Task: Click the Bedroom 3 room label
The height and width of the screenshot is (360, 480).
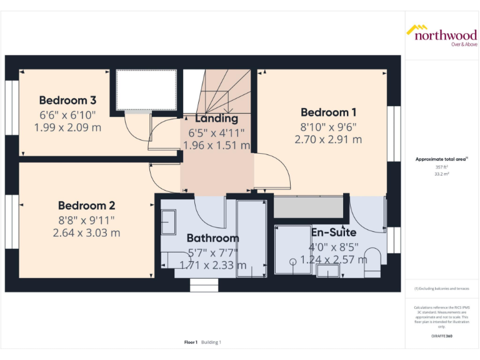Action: pyautogui.click(x=67, y=101)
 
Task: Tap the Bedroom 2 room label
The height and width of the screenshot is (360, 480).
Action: pyautogui.click(x=86, y=206)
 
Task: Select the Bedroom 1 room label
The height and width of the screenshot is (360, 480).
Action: pyautogui.click(x=328, y=112)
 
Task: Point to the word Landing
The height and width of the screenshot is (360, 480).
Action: pyautogui.click(x=216, y=118)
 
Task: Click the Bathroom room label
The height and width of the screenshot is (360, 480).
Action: pyautogui.click(x=212, y=238)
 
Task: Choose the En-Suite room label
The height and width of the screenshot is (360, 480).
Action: pyautogui.click(x=333, y=232)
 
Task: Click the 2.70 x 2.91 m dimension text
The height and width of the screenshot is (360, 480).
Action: pyautogui.click(x=328, y=139)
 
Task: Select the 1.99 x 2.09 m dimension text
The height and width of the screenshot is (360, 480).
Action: pyautogui.click(x=67, y=127)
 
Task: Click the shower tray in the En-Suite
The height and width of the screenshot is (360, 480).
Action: pyautogui.click(x=292, y=249)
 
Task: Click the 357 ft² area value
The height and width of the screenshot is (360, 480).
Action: pyautogui.click(x=442, y=167)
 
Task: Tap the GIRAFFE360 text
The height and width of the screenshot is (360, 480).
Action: pyautogui.click(x=442, y=336)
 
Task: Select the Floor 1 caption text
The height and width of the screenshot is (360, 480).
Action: pyautogui.click(x=191, y=342)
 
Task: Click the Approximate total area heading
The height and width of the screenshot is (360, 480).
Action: pyautogui.click(x=441, y=159)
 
